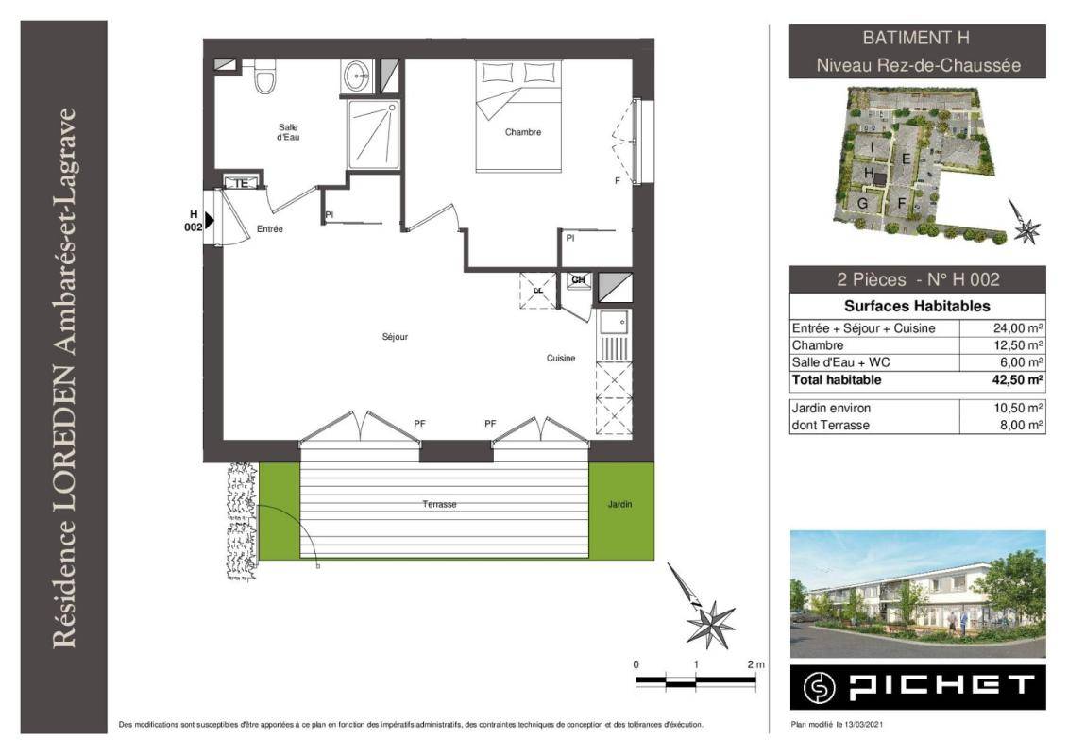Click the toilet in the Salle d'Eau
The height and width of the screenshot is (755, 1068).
[264, 76]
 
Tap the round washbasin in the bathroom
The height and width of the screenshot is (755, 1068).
[356, 75]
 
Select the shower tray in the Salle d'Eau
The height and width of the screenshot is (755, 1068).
[373, 134]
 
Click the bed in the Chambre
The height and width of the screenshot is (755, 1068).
[518, 116]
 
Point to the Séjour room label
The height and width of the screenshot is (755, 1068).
[395, 337]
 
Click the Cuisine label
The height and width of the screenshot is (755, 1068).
[561, 358]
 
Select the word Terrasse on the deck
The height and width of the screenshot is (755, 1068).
[439, 505]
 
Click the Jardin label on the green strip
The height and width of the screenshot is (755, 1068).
[619, 505]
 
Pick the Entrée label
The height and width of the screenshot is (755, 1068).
[270, 229]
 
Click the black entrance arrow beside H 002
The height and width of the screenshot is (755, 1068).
[209, 220]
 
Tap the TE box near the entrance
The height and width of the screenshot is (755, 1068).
[241, 183]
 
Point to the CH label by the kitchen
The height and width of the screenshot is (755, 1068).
[578, 279]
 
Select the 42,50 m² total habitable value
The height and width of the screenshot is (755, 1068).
[1018, 380]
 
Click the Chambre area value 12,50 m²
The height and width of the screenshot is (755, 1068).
[1018, 345]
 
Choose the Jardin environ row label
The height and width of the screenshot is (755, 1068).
[831, 408]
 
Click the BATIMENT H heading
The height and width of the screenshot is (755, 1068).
[915, 38]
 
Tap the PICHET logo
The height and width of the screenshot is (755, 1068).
[918, 687]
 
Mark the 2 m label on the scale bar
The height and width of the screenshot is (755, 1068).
[755, 664]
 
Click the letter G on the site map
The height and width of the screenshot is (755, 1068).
[862, 204]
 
